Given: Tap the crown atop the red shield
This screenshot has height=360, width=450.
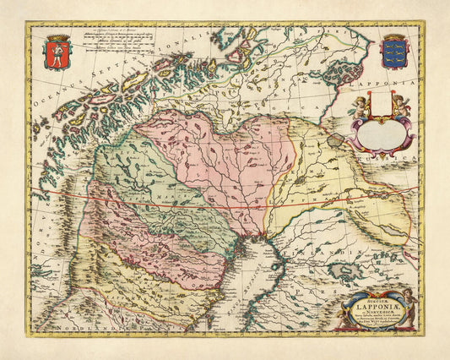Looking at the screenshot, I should [x=59, y=38].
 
